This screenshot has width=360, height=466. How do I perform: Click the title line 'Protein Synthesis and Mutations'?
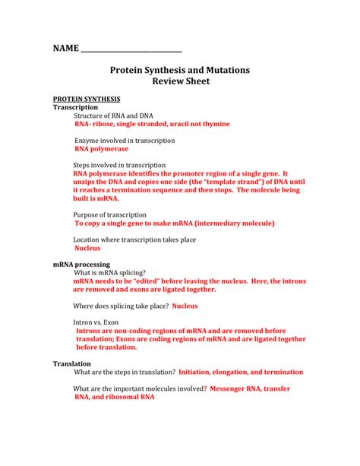click(179, 70)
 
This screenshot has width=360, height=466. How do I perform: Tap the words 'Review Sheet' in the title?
click(179, 82)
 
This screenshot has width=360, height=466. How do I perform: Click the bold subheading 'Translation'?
click(71, 364)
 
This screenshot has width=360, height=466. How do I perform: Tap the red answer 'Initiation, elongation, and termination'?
click(240, 372)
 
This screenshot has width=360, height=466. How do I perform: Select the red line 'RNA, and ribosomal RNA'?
click(114, 397)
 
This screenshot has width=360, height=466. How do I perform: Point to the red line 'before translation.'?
click(106, 347)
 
